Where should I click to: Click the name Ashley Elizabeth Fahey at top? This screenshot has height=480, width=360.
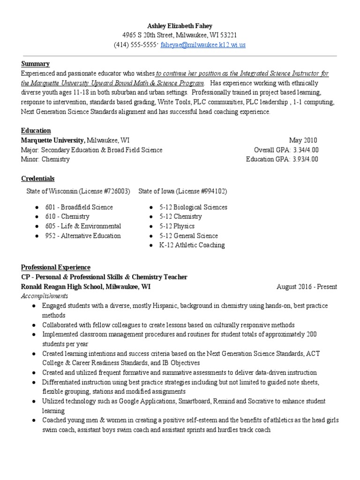point(180,25)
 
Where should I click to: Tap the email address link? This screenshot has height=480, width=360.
point(203,45)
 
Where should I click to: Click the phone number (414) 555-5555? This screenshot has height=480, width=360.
point(136,45)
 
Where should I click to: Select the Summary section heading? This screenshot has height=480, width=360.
point(35,64)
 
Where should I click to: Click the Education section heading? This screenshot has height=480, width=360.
point(36,130)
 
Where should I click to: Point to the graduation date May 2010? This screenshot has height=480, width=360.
point(303,140)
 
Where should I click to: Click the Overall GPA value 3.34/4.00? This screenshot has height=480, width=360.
point(305,150)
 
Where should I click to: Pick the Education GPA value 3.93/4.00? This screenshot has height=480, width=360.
point(305,159)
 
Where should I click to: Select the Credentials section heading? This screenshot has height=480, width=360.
point(37,179)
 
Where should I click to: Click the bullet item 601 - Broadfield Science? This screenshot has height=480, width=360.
point(79,207)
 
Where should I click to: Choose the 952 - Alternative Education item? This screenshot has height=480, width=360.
point(82,236)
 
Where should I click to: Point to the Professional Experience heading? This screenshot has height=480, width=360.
point(56,267)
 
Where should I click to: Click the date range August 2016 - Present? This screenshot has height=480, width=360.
point(307,287)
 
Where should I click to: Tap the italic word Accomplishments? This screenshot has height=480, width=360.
point(45,296)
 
